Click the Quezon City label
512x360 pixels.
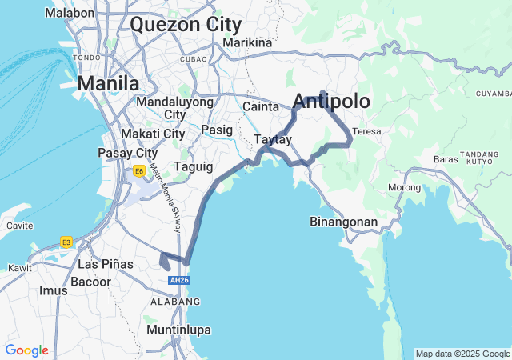(x=185, y=24)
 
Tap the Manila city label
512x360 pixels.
(x=108, y=83)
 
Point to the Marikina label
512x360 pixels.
(x=247, y=42)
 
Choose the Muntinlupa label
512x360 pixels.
(x=178, y=329)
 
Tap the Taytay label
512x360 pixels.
(x=272, y=139)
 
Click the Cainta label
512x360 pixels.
(x=261, y=106)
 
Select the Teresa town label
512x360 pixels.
(x=366, y=130)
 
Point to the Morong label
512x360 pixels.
(x=404, y=187)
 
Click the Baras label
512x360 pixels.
(x=445, y=158)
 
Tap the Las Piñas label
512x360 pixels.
(x=106, y=264)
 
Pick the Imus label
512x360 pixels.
(x=54, y=290)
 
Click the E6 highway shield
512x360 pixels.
(x=139, y=170)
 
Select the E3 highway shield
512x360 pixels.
(x=66, y=242)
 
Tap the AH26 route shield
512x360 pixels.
(x=178, y=281)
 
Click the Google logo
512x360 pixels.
(x=26, y=350)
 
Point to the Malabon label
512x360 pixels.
(x=70, y=13)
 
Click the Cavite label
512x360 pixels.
(x=19, y=226)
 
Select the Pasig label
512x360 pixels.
(x=217, y=129)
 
